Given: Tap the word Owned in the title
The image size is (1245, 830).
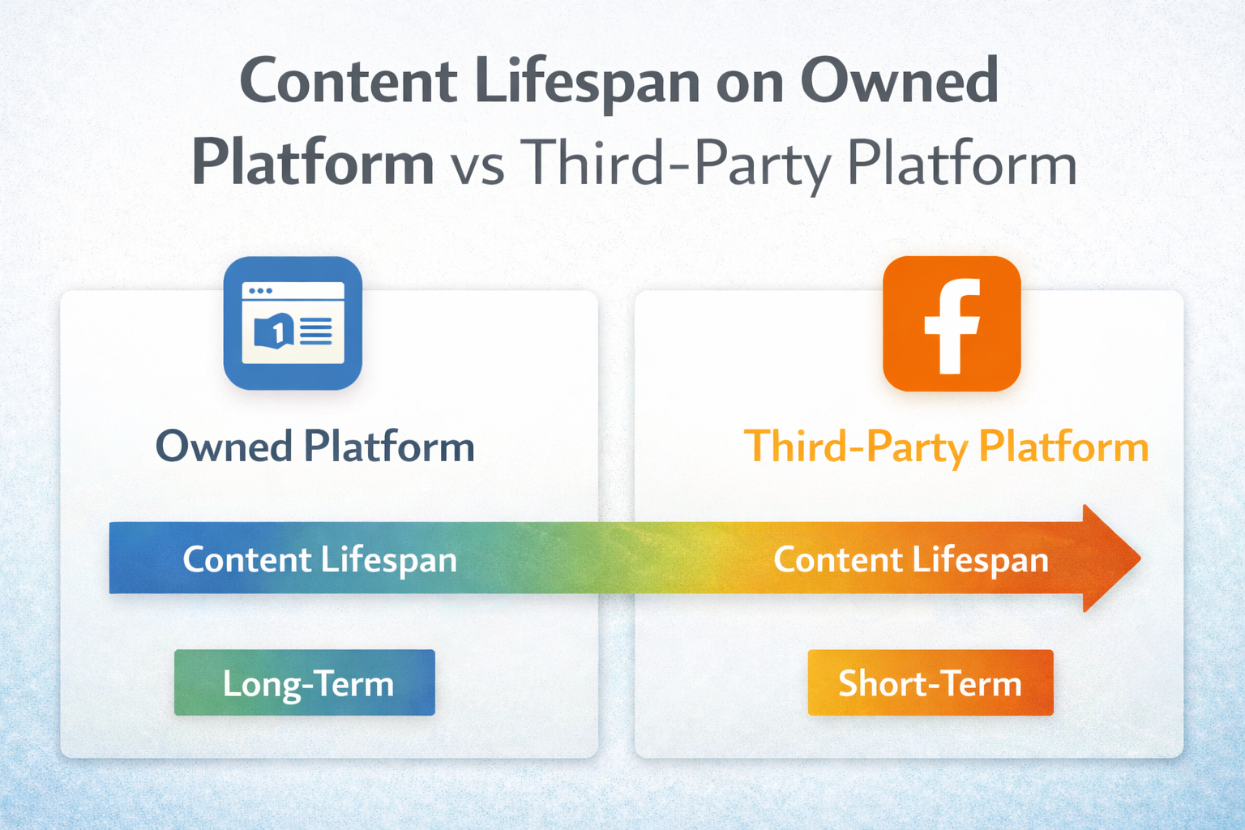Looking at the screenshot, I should (900, 81).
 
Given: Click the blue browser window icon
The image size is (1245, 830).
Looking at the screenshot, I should (293, 323).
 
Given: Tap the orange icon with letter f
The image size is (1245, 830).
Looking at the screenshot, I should (952, 323).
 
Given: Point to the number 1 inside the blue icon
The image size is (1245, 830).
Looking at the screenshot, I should (278, 331).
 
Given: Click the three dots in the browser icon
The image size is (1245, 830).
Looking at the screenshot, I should (260, 291).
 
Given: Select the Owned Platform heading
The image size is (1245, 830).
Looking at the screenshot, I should (314, 447).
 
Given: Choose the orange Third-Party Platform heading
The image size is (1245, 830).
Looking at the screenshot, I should (946, 447).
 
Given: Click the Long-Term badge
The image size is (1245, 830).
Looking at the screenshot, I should (305, 682).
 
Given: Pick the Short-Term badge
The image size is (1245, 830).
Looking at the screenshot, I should (931, 682).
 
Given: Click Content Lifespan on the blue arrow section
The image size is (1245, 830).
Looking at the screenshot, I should (319, 559).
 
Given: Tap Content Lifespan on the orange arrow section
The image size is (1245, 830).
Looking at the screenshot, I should (911, 559).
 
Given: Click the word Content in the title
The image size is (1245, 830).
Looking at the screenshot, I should (349, 83).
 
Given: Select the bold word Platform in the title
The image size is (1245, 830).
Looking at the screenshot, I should (313, 164).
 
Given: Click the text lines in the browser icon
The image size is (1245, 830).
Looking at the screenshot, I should (316, 331).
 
